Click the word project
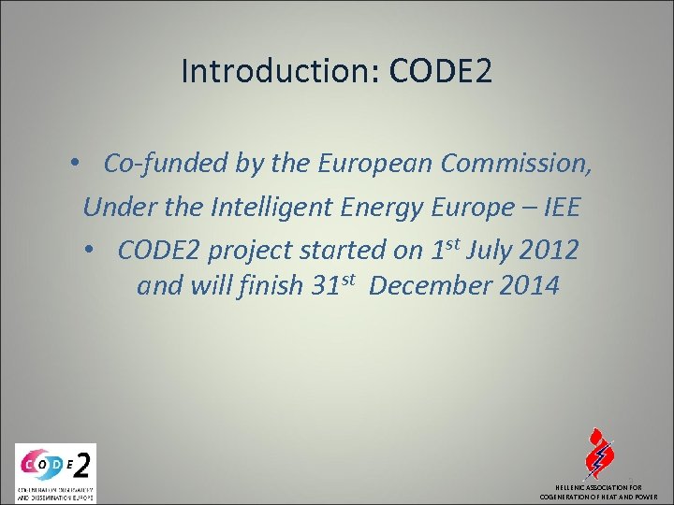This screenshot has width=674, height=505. pos(247,251)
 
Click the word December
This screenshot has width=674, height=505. pos(429,285)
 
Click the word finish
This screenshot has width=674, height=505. pos(268,285)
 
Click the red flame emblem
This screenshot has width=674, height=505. pos(597,453)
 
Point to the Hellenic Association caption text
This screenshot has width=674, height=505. pos(598,492)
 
